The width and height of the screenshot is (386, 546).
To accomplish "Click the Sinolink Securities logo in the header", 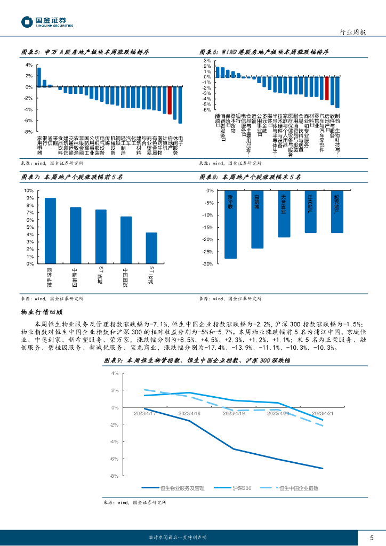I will click(47, 22).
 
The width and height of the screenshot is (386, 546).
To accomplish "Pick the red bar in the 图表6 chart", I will click(327, 88).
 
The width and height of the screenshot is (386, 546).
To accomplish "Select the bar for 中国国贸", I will click(126, 240).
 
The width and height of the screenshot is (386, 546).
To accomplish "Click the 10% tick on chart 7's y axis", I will click(28, 190).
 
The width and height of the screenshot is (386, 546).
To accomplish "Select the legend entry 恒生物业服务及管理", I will click(173, 488).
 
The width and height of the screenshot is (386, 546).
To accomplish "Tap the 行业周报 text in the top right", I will click(353, 33).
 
